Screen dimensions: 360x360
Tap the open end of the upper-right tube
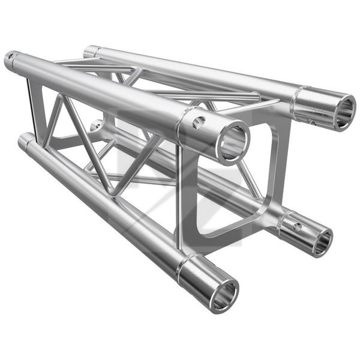coord(341,113)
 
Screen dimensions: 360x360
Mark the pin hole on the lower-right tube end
coord(296,227)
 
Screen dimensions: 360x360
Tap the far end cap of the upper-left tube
coord(10,60)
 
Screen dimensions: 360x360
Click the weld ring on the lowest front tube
coord(184,267)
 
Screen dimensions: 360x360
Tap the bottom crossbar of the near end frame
coord(234,231)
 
